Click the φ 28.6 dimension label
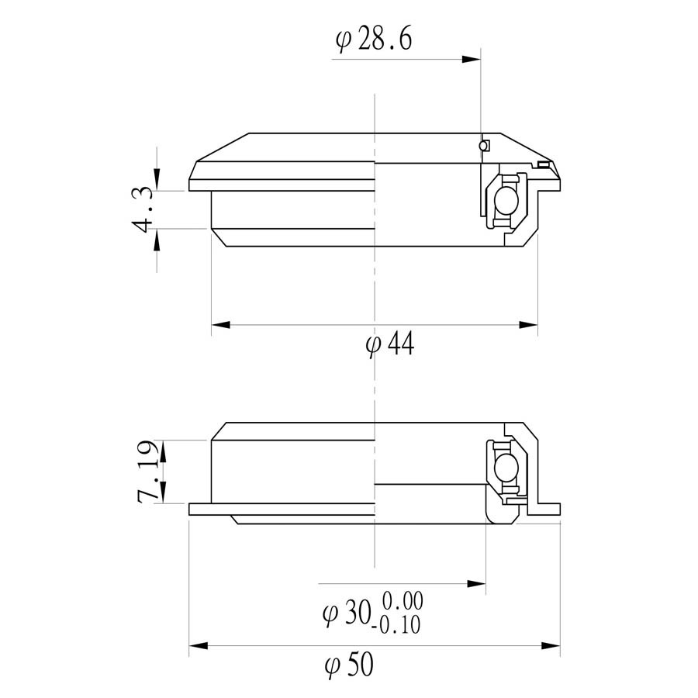(x=374, y=40)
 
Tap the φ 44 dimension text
(x=390, y=344)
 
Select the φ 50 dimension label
(x=349, y=665)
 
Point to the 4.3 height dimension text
(x=143, y=209)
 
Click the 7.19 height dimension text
(x=149, y=472)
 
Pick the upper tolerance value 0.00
(x=403, y=601)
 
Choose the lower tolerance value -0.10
(x=396, y=624)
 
